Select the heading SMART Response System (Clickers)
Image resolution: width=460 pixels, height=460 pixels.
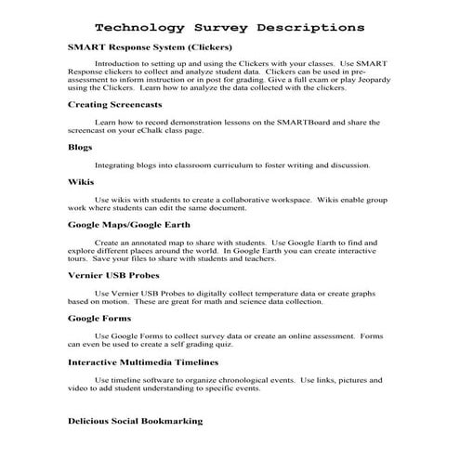coord(150,46)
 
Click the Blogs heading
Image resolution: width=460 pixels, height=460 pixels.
coord(80,147)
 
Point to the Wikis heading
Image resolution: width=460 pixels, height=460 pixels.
coord(81,183)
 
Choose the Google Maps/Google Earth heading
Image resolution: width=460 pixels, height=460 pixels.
coord(136,226)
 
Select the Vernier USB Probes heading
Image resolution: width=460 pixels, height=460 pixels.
coord(113,275)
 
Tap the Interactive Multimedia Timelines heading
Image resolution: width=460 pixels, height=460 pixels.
coord(142,361)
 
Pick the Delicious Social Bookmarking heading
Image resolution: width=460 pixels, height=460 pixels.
coord(136,421)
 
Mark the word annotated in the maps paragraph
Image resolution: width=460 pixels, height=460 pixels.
coord(149,243)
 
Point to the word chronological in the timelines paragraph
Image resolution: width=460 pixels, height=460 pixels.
coord(246,379)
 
